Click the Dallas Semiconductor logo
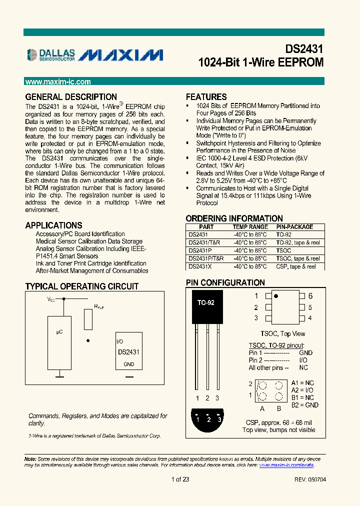(x=51, y=55)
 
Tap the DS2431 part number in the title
(x=304, y=49)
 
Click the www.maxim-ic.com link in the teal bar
(x=58, y=82)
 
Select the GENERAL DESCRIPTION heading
(x=71, y=97)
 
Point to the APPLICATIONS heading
(x=53, y=225)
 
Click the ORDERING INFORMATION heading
(x=234, y=218)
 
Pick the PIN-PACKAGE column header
(x=294, y=227)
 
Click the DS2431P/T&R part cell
(x=205, y=258)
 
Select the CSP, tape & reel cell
(x=296, y=266)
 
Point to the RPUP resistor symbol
(x=88, y=319)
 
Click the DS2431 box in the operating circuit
(x=128, y=352)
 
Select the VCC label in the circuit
(x=51, y=299)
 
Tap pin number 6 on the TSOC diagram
(x=310, y=296)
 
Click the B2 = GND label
(x=305, y=405)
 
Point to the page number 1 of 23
(x=180, y=479)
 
